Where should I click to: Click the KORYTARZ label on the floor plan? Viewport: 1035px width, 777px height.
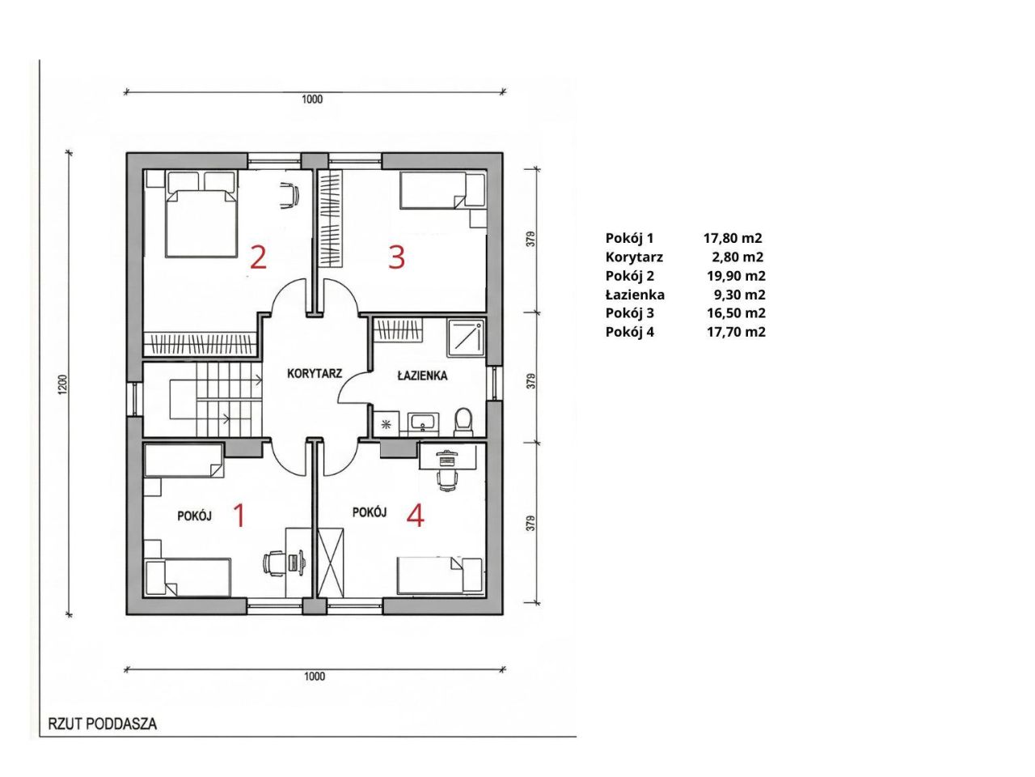315,374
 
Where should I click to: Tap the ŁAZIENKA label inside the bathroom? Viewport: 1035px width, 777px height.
422,376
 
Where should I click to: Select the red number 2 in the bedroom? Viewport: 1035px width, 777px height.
259,257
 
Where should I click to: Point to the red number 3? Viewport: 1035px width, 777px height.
396,257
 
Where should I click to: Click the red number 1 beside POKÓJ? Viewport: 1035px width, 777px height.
239,516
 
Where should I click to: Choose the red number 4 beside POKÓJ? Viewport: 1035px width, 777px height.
416,516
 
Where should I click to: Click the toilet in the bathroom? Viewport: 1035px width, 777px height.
463,422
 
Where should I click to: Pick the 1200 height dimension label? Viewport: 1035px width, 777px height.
63,384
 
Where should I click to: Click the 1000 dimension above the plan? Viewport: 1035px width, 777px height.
312,99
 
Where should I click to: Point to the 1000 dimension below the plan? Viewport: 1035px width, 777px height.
315,677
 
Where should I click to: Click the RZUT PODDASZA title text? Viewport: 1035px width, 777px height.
103,724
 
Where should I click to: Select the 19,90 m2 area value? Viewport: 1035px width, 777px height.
736,276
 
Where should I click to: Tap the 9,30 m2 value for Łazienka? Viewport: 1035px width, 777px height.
739,295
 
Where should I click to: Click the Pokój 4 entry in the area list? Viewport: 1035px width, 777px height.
629,332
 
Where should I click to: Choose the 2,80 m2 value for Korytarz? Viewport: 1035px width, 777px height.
737,257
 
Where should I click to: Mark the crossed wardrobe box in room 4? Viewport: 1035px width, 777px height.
331,563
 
